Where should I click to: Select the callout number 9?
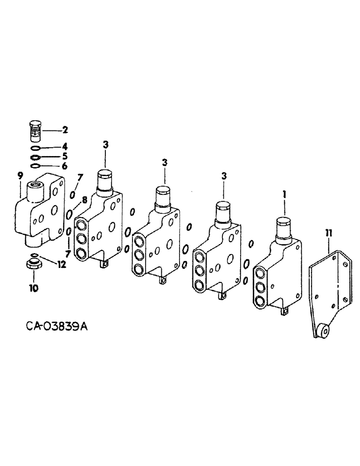click(x=20, y=176)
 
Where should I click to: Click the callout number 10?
click(x=35, y=288)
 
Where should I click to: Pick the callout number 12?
click(x=62, y=264)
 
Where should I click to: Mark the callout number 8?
click(x=84, y=199)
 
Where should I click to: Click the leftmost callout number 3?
click(x=105, y=145)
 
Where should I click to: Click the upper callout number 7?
click(x=80, y=177)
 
